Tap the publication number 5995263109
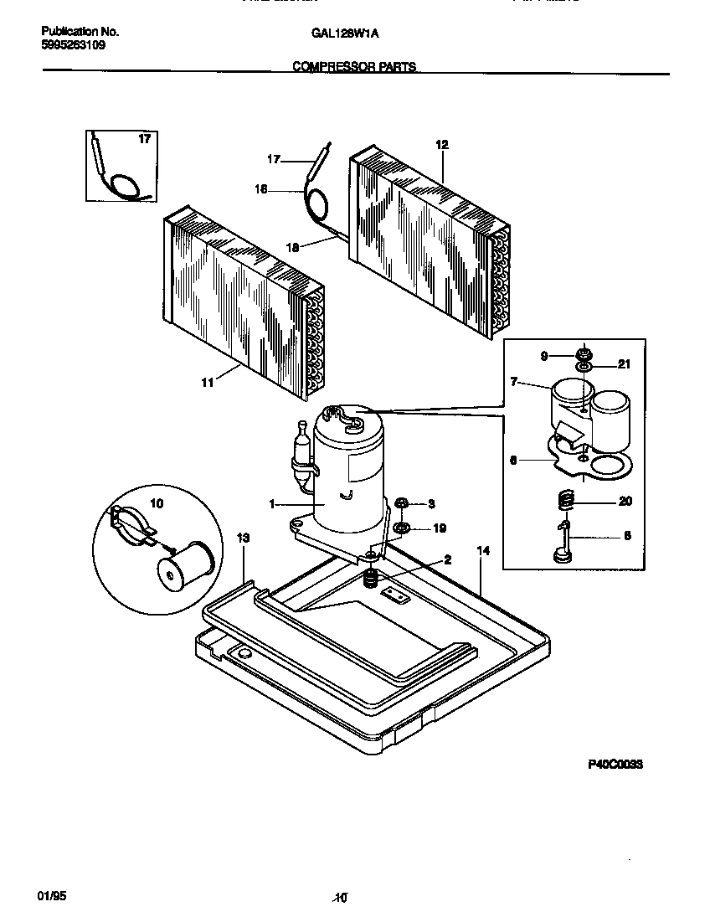point(74,45)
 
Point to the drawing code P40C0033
point(614,765)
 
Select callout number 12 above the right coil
point(442,145)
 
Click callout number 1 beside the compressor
point(272,504)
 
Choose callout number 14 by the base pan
point(482,551)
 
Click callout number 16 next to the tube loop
point(260,189)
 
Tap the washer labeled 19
point(401,528)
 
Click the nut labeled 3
point(401,502)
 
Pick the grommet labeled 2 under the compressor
point(371,578)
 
